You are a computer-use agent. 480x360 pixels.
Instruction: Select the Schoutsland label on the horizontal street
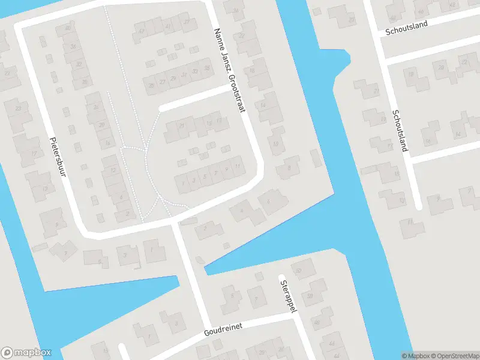[x=406, y=25]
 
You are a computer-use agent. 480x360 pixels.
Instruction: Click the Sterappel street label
[x=285, y=295]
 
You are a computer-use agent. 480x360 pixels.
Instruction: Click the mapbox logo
[x=26, y=353]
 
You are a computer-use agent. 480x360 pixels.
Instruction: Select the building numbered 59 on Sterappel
[x=311, y=296]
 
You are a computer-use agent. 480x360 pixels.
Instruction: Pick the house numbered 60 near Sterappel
[x=298, y=271]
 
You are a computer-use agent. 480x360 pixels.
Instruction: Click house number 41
[x=169, y=26]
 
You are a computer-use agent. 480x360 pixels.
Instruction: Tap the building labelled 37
[x=188, y=22]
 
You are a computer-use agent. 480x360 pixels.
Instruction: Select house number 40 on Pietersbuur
[x=68, y=28]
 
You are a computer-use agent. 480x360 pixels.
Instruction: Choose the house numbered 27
[x=163, y=81]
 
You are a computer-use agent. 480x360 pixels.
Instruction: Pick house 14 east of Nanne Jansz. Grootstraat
[x=263, y=106]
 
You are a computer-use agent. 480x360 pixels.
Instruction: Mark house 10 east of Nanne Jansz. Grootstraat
[x=275, y=144]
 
